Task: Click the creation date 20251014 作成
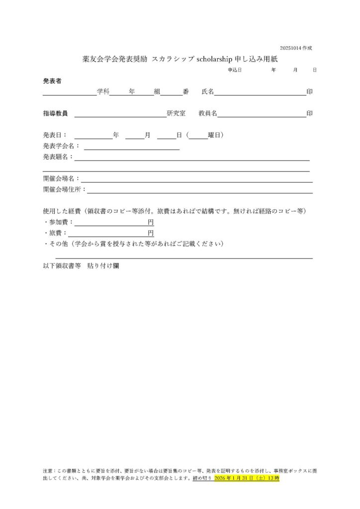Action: pos(296,48)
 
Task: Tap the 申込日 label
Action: pos(235,70)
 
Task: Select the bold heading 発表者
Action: pos(52,81)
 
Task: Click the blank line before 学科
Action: pos(69,92)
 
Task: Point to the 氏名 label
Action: pos(207,91)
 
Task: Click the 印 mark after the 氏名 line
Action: pos(310,91)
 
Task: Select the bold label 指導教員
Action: pos(55,113)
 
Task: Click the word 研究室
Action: pos(176,113)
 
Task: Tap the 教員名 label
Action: pos(208,113)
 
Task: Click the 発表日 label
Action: pos(54,135)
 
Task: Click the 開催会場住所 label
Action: pos(65,189)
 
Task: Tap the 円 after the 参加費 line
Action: pos(151,222)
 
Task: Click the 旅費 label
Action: pos(56,233)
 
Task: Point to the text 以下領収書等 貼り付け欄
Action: pos(81,266)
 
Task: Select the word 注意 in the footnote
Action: pos(49,470)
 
